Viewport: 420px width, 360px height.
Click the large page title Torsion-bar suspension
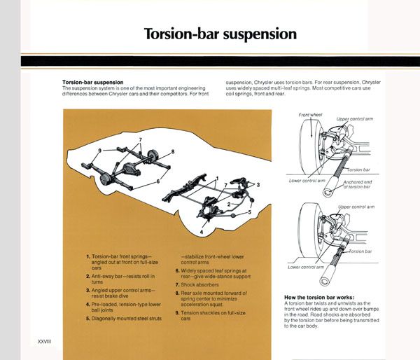pyautogui.click(x=220, y=34)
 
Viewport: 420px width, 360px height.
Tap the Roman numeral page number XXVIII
pyautogui.click(x=44, y=342)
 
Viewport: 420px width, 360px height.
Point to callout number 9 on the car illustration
pyautogui.click(x=99, y=151)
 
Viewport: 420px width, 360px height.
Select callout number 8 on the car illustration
pyautogui.click(x=173, y=152)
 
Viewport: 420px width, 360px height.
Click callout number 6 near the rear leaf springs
pyautogui.click(x=158, y=181)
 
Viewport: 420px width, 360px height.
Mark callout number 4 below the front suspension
pyautogui.click(x=202, y=232)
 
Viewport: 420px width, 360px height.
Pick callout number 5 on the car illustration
pyautogui.click(x=250, y=212)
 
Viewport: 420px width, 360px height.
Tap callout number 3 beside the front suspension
pyautogui.click(x=258, y=185)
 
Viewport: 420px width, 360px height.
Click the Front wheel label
pyautogui.click(x=310, y=115)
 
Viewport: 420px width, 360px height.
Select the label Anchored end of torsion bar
pyautogui.click(x=358, y=184)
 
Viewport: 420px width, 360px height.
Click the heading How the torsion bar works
pyautogui.click(x=319, y=297)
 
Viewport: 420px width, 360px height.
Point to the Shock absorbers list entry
pyautogui.click(x=199, y=284)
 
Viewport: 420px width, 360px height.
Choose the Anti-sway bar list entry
pyautogui.click(x=120, y=279)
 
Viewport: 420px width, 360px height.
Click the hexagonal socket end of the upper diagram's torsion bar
pyautogui.click(x=328, y=192)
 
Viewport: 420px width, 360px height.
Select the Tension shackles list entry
pyautogui.click(x=211, y=315)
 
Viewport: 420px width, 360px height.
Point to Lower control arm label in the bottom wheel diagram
pyautogui.click(x=306, y=268)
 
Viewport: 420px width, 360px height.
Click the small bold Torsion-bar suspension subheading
pyautogui.click(x=92, y=82)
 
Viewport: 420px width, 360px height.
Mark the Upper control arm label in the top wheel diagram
pyautogui.click(x=355, y=119)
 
